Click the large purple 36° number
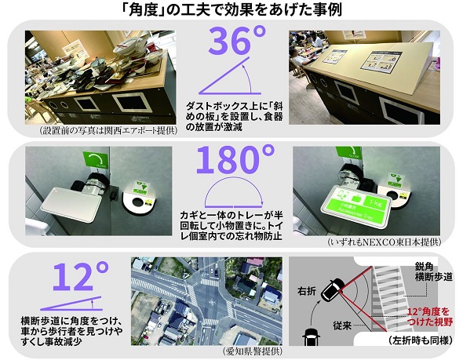(237, 41)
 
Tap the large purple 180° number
(235, 160)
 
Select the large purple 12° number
(80, 277)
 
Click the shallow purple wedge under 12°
(71, 304)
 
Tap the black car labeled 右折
(333, 289)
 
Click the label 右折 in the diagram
(307, 291)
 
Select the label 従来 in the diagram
(342, 325)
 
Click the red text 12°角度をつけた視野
(429, 316)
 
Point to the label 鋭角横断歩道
(433, 272)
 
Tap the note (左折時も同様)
(420, 340)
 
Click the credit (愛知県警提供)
(252, 351)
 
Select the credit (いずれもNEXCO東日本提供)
(385, 242)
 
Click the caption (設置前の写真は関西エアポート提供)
(108, 130)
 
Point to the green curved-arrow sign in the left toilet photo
(96, 160)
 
